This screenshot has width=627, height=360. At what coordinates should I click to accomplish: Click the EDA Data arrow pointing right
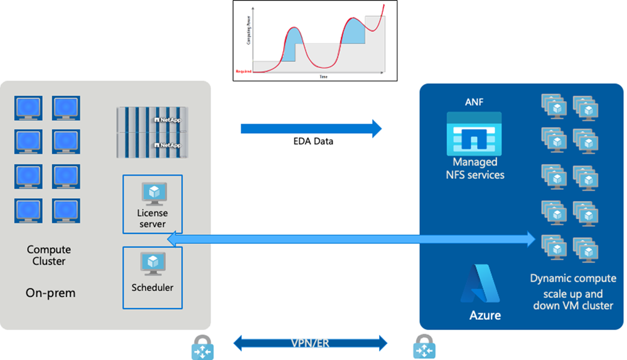pyautogui.click(x=311, y=129)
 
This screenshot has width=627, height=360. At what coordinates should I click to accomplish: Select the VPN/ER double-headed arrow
pyautogui.click(x=311, y=343)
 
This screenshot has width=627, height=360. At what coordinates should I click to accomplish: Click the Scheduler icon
pyautogui.click(x=152, y=263)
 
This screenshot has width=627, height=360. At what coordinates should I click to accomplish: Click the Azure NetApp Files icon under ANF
pyautogui.click(x=474, y=134)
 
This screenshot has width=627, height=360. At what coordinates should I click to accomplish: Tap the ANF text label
pyautogui.click(x=474, y=102)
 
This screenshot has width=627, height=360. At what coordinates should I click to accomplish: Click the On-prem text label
pyautogui.click(x=51, y=292)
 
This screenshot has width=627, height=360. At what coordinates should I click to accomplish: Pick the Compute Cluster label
pyautogui.click(x=49, y=255)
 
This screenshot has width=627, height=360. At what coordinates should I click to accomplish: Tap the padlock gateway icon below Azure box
pyautogui.click(x=424, y=346)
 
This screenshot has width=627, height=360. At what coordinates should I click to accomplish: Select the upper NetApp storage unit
pyautogui.click(x=153, y=119)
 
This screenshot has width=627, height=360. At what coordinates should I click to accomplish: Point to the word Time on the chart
pyautogui.click(x=323, y=77)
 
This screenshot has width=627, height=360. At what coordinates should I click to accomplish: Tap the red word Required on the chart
pyautogui.click(x=244, y=71)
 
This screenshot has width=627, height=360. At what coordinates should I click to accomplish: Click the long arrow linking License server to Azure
pyautogui.click(x=351, y=238)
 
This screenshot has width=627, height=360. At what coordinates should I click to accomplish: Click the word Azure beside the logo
pyautogui.click(x=485, y=315)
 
